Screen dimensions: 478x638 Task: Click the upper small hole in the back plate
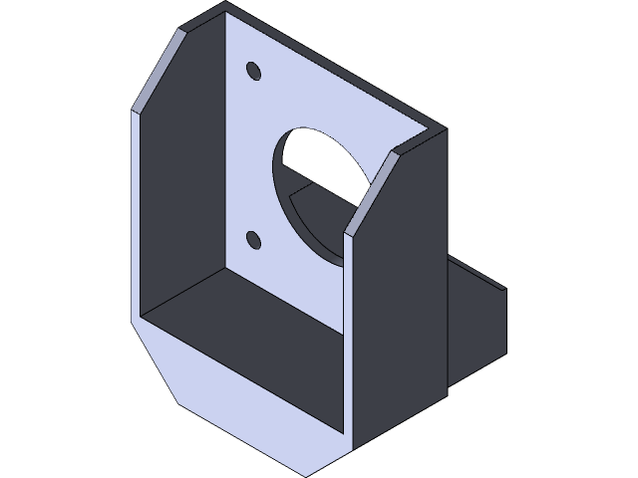point(253,71)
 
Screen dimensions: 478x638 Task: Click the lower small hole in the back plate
point(253,239)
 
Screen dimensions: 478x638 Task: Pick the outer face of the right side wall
point(399,299)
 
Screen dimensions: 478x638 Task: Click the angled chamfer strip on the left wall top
point(159,70)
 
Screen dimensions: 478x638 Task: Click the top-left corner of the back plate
point(225,8)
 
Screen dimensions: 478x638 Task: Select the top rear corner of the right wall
point(444,130)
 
